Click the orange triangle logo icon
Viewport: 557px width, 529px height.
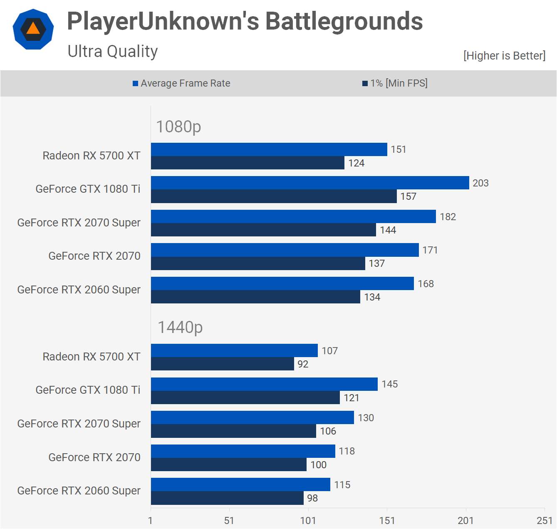33,29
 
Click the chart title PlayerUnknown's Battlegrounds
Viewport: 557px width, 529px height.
245,21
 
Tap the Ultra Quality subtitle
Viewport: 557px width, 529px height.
112,52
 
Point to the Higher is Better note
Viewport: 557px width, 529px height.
504,56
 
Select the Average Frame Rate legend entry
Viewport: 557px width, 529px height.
181,83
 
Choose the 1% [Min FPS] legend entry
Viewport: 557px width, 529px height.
395,83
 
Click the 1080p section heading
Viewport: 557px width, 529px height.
178,127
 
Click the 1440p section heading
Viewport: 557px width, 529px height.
180,328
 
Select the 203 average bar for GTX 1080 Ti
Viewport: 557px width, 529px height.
310,183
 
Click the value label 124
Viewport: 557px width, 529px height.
356,163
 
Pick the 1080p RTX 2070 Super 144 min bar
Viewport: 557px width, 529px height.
263,230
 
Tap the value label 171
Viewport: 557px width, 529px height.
430,250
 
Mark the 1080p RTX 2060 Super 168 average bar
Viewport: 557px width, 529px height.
282,283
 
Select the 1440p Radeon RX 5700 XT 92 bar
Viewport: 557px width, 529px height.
222,364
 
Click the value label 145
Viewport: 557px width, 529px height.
390,384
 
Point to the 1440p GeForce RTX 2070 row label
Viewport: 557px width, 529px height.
94,457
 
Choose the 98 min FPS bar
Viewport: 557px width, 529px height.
227,498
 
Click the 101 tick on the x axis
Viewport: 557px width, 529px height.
308,521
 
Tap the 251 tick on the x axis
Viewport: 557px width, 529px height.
545,521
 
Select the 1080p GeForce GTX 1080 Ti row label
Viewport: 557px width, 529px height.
88,189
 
